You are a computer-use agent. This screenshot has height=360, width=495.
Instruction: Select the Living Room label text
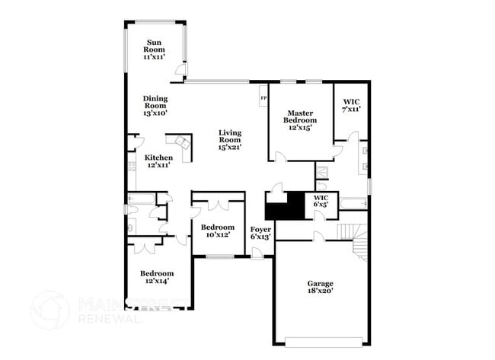point(229,140)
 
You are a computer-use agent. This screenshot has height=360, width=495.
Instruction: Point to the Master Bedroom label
point(300,120)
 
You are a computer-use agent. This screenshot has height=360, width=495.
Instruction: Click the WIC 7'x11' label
point(350,105)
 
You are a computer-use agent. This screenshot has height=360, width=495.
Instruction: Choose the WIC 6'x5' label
point(321,201)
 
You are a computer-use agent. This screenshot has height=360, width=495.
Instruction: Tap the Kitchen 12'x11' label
point(158,161)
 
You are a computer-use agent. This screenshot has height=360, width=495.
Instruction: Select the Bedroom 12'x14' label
point(156,277)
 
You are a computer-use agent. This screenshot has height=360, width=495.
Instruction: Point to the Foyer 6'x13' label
point(260,232)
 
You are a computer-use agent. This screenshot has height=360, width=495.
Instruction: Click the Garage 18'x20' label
point(320,286)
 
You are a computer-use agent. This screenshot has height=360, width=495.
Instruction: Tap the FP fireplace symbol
point(263,98)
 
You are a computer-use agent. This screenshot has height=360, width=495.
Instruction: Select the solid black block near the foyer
point(285,205)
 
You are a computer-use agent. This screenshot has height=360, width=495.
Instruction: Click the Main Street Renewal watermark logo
point(50,310)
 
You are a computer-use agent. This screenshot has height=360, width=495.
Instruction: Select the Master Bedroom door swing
point(280,156)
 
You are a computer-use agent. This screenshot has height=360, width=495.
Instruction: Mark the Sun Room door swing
point(180,71)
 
